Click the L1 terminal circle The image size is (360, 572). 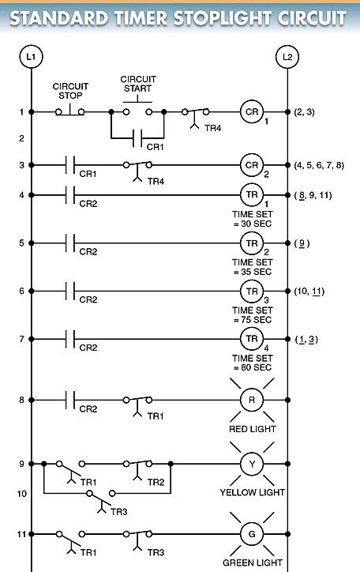click(31, 57)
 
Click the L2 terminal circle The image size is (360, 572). click(287, 57)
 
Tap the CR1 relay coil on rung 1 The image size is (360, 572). click(252, 111)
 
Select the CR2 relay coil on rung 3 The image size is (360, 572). click(252, 165)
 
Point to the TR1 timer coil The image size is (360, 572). click(252, 195)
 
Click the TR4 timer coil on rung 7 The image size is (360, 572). click(252, 339)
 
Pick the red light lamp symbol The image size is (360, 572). click(252, 400)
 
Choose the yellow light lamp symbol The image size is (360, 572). click(252, 464)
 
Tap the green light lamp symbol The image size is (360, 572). click(252, 534)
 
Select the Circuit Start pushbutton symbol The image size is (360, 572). click(137, 106)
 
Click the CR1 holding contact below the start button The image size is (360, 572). click(137, 138)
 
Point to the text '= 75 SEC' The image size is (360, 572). click(253, 319)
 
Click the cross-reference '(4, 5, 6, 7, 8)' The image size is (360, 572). click(319, 165)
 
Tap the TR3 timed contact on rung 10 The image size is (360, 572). click(101, 499)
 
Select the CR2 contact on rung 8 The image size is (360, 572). click(70, 400)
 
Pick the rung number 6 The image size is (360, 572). click(22, 291)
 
